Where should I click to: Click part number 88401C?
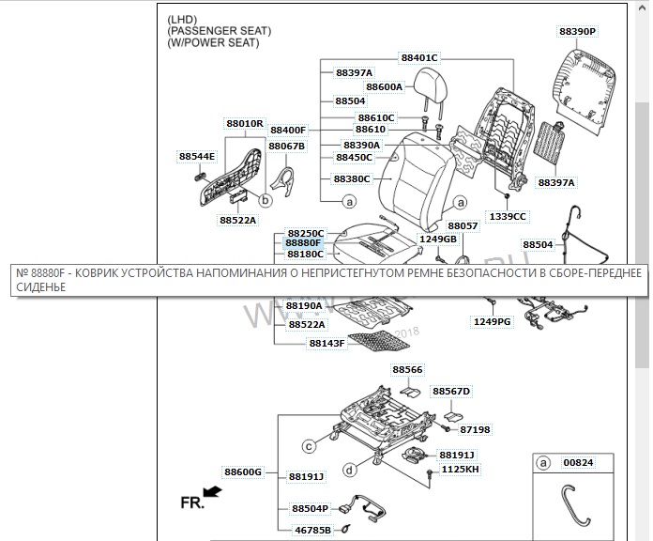pyautogui.click(x=419, y=57)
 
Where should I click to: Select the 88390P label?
pyautogui.click(x=577, y=31)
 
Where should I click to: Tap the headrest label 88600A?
pyautogui.click(x=384, y=86)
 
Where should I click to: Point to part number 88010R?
pyautogui.click(x=244, y=123)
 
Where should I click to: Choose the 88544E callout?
pyautogui.click(x=197, y=156)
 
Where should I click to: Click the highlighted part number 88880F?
pyautogui.click(x=303, y=243)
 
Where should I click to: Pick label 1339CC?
pyautogui.click(x=508, y=216)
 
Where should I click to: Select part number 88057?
pyautogui.click(x=463, y=226)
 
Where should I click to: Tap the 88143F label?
pyautogui.click(x=326, y=344)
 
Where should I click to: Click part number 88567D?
pyautogui.click(x=450, y=390)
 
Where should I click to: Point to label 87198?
pyautogui.click(x=475, y=429)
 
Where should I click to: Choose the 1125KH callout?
pyautogui.click(x=459, y=468)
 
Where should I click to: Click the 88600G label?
pyautogui.click(x=242, y=471)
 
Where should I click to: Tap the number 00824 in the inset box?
pyautogui.click(x=578, y=462)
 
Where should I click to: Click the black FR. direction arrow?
pyautogui.click(x=213, y=491)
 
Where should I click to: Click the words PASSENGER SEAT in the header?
pyautogui.click(x=219, y=31)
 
